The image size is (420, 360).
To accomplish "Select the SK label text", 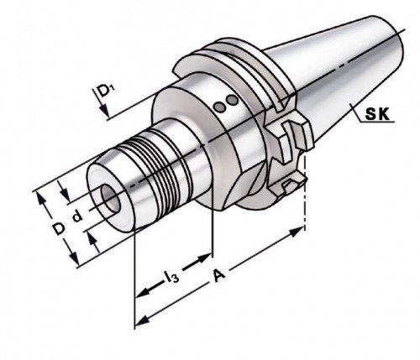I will (375, 117).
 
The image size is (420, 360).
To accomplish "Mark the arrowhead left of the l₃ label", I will (144, 291).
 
